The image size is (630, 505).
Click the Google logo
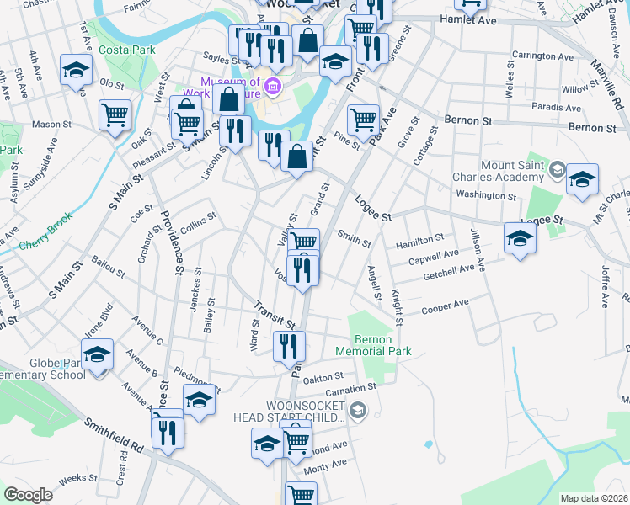(x=29, y=495)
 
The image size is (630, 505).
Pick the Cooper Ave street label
(x=446, y=306)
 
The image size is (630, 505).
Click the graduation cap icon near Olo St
(x=77, y=71)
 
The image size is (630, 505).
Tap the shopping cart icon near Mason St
(x=115, y=114)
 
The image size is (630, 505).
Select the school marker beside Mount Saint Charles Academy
(x=582, y=179)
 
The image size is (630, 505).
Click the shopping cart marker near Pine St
(x=363, y=119)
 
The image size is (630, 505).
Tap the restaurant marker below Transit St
(x=289, y=344)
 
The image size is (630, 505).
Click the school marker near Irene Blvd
(x=99, y=354)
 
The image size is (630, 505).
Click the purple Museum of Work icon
(x=273, y=87)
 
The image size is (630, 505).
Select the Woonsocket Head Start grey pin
(x=358, y=411)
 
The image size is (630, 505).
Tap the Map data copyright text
(x=594, y=498)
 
